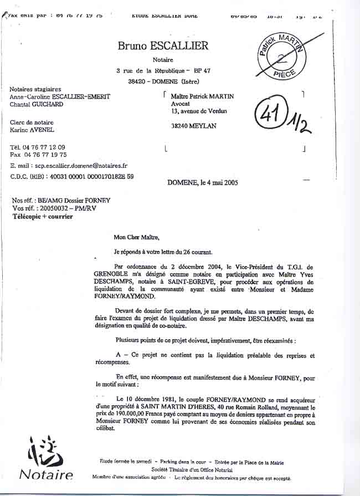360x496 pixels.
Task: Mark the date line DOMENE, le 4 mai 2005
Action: [x=203, y=182]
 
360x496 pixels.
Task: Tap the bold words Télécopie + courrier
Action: [x=43, y=217]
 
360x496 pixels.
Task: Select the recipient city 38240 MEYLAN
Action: [x=194, y=126]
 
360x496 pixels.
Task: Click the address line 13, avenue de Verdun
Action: [x=199, y=111]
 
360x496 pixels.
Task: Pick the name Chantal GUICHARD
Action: [x=37, y=104]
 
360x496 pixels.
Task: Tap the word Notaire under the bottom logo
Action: [x=46, y=474]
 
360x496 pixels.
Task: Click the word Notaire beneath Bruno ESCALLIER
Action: [x=163, y=60]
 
